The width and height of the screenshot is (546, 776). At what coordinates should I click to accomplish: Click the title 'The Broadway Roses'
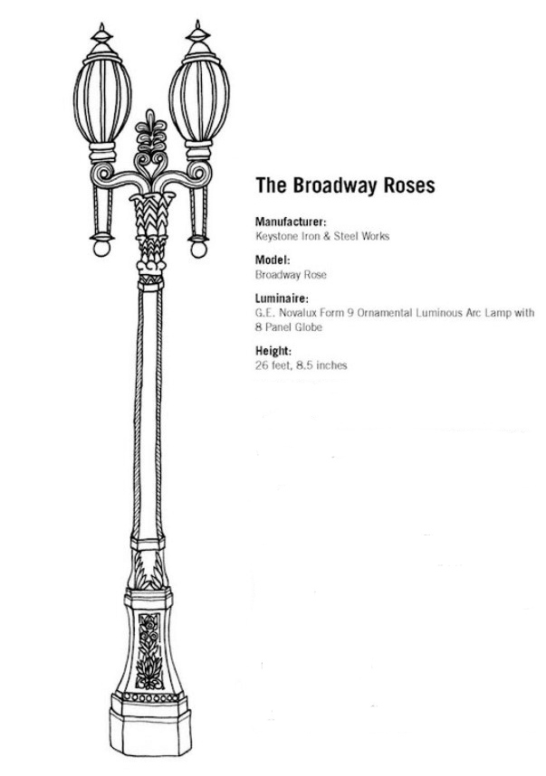[345, 185]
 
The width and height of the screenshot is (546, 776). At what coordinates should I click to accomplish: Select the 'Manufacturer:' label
[291, 221]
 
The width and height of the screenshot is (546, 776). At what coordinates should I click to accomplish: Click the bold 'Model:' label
[273, 260]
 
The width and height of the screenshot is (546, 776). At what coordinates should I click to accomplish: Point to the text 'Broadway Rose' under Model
[291, 275]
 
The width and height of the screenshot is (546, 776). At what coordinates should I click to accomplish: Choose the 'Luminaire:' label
[282, 298]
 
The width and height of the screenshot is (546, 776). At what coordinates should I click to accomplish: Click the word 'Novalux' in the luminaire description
[297, 313]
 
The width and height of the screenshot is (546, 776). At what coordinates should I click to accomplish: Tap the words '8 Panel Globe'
[288, 327]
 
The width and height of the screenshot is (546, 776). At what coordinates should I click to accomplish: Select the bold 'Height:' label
[273, 351]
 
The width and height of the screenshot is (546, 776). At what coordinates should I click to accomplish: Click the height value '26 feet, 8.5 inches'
[302, 365]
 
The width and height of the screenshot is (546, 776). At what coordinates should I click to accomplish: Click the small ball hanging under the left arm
[101, 248]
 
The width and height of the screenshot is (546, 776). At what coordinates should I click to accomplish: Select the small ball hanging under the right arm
[198, 249]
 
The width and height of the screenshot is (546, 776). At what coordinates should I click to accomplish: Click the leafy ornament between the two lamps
[151, 144]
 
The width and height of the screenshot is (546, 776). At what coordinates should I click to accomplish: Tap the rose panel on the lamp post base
[149, 651]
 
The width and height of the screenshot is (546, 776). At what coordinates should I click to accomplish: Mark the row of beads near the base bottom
[150, 698]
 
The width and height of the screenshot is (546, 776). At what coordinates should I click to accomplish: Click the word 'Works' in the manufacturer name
[375, 236]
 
